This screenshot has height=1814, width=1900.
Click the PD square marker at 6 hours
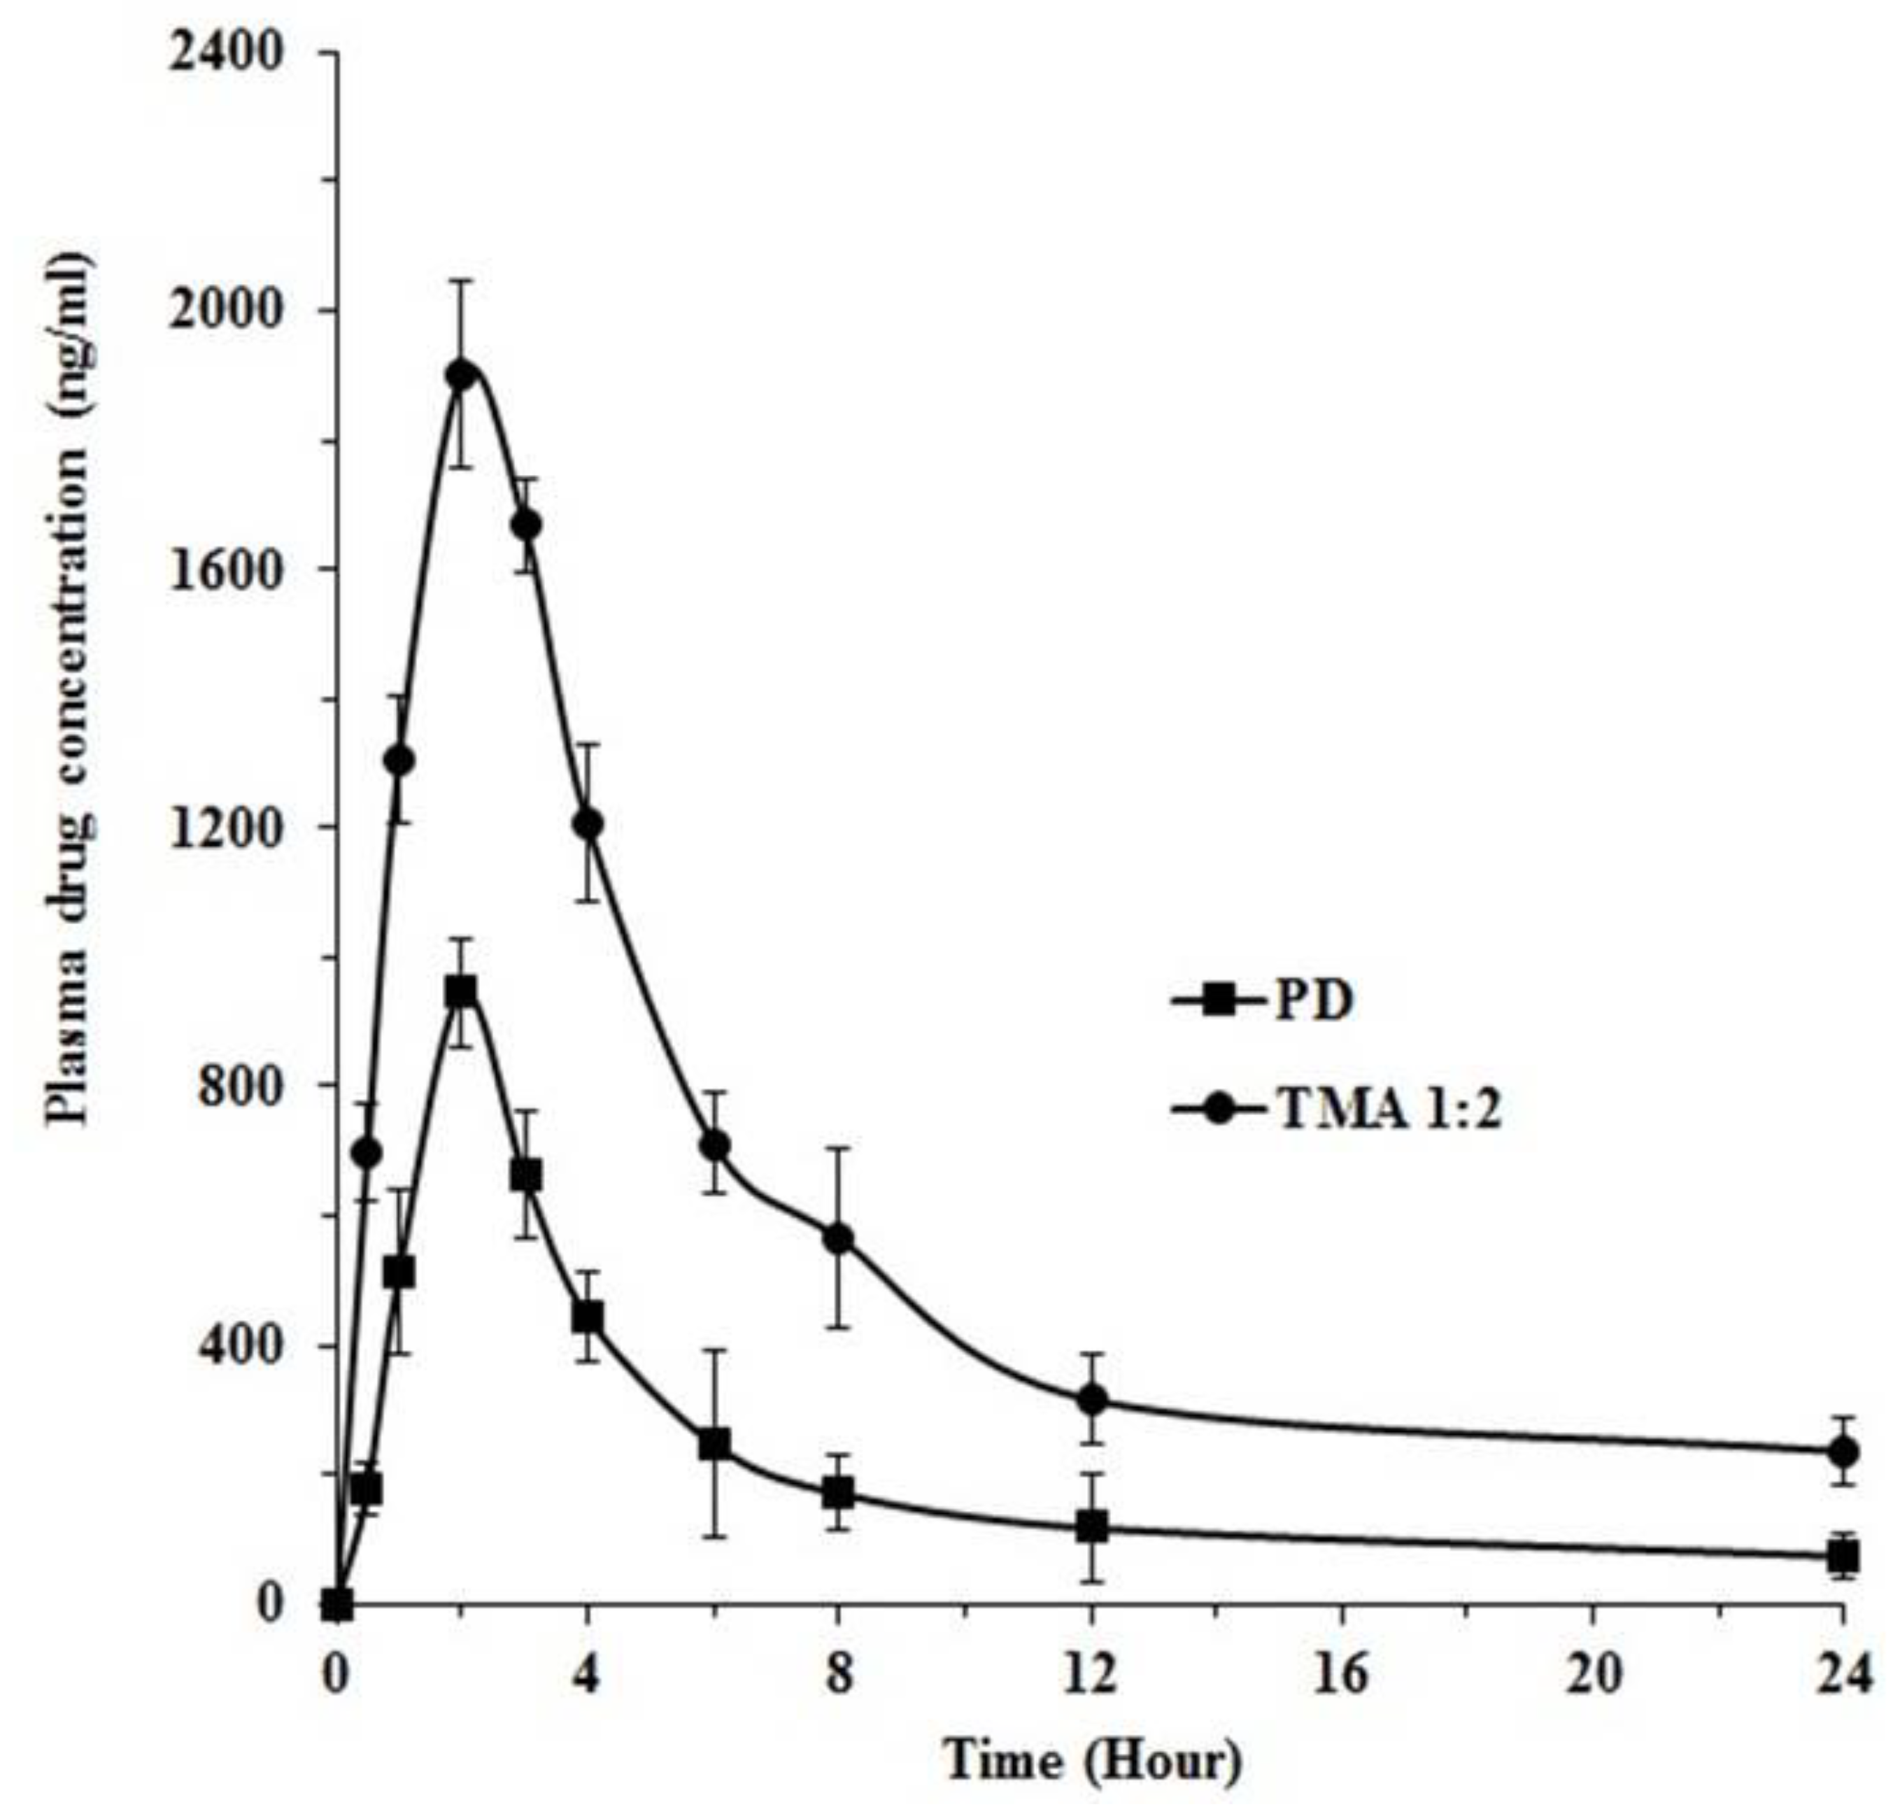pos(714,1445)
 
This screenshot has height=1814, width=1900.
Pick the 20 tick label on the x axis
pos(1594,1678)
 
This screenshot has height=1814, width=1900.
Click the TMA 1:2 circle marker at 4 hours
pos(588,824)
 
